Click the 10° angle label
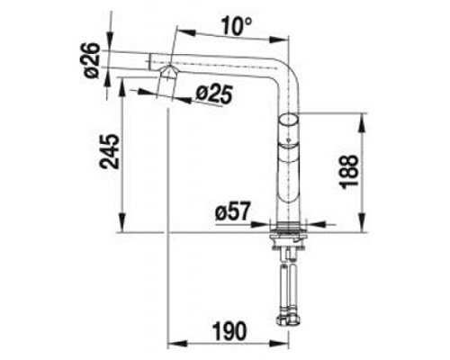click(x=237, y=26)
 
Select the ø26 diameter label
click(x=91, y=60)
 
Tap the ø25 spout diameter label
click(x=214, y=94)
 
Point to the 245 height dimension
click(x=110, y=151)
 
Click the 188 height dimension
click(x=349, y=172)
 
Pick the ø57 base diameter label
click(x=232, y=211)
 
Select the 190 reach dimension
click(x=229, y=331)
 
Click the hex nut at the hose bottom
click(x=289, y=319)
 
